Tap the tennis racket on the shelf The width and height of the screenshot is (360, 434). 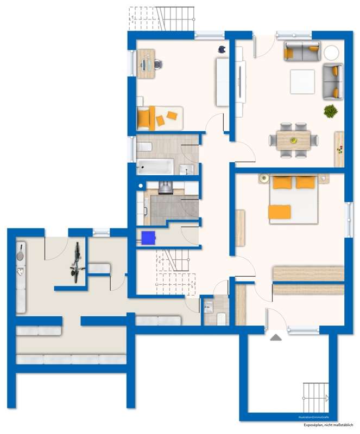coord(21,253)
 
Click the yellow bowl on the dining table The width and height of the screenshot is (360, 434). coord(293,141)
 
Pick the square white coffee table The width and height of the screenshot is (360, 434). coord(303,81)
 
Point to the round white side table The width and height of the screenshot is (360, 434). coord(331,53)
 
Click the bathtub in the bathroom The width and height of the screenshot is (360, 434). coord(155,167)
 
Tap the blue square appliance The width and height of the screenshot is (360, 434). coord(148,237)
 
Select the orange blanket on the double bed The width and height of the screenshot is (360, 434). coord(280,212)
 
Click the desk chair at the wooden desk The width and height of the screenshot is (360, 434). coord(157,65)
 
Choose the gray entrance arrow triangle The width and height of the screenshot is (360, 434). coord(276,337)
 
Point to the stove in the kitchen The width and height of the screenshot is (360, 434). coord(165,188)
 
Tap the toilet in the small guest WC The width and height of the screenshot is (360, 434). coord(221,319)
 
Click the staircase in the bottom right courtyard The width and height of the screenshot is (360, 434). coord(315,399)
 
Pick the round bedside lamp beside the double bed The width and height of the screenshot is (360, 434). coord(263,177)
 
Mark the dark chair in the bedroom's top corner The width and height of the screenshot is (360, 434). coord(222,49)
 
